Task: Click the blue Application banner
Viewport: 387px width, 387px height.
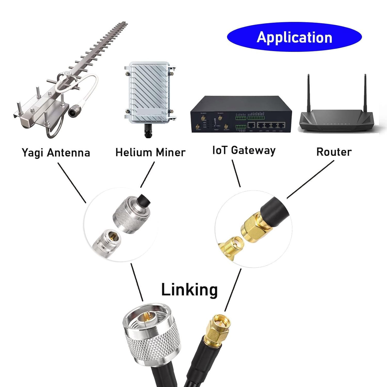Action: (294, 37)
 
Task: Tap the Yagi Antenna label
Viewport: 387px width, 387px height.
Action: (56, 152)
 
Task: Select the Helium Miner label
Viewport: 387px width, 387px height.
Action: (150, 152)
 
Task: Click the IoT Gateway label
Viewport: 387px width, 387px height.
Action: (244, 150)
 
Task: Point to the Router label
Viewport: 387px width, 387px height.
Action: (334, 152)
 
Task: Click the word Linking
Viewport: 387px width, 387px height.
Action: (189, 289)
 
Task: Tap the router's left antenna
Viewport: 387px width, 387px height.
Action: (308, 93)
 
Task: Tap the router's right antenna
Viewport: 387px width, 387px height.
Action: (365, 93)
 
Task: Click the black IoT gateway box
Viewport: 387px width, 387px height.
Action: (241, 115)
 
